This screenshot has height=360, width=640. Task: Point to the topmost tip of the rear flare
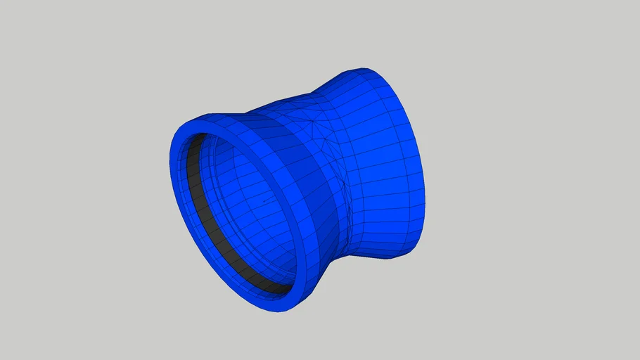pyautogui.click(x=362, y=69)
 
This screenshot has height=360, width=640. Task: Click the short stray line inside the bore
pyautogui.click(x=267, y=202)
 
